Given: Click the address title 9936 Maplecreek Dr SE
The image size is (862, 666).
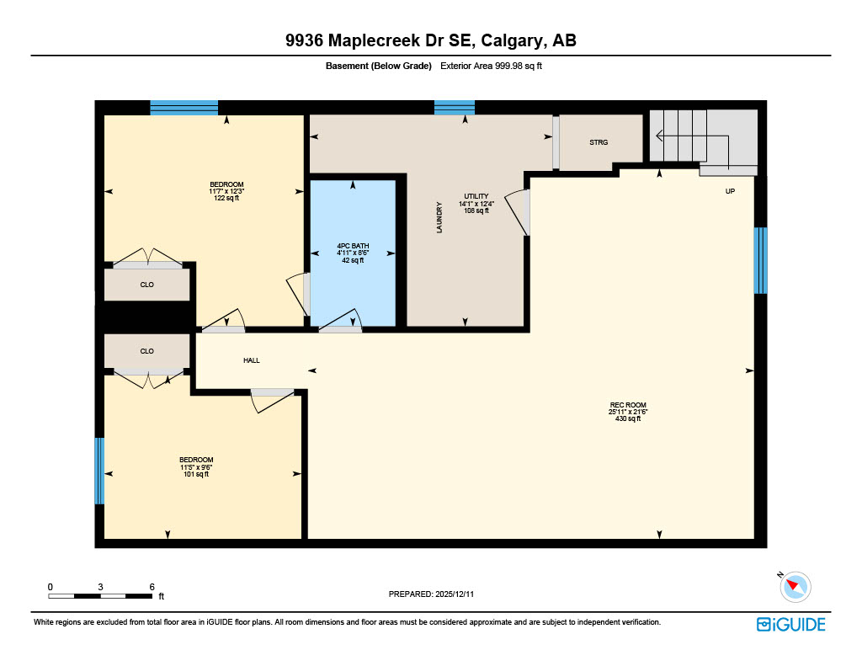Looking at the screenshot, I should click(430, 40).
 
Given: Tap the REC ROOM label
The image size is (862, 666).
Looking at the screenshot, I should click(627, 405).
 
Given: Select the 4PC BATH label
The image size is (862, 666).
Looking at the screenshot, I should click(353, 247).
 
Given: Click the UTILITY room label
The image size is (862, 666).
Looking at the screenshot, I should click(476, 196).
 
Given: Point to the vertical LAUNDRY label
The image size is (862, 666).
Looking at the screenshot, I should click(439, 216).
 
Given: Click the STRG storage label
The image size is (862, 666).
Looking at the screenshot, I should click(598, 142).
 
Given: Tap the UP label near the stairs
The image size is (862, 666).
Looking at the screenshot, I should click(730, 191).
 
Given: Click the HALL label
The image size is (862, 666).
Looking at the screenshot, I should click(251, 360).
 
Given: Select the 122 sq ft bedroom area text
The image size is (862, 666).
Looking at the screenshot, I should click(226, 199).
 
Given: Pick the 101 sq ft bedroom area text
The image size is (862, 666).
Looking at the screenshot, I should click(195, 474).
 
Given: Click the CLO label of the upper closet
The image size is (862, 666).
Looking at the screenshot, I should click(146, 285).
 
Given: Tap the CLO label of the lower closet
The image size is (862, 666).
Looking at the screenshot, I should click(146, 351).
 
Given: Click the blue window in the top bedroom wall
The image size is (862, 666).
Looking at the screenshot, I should click(184, 107).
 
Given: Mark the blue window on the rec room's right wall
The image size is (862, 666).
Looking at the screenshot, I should click(760, 260).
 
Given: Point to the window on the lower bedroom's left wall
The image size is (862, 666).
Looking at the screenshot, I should click(99, 470).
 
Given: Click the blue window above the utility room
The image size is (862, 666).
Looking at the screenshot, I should click(454, 107).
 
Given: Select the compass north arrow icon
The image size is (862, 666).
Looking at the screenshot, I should click(795, 586).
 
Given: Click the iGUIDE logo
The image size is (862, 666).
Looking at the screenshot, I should click(790, 624).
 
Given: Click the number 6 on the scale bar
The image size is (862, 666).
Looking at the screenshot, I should click(152, 586).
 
